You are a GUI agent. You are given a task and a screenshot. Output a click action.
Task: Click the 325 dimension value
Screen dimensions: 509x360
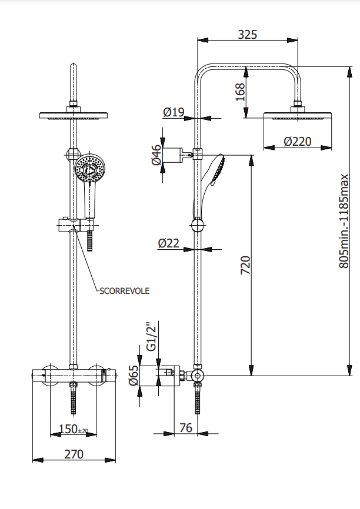248,34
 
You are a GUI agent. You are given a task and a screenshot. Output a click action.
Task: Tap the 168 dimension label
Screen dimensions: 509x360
239,92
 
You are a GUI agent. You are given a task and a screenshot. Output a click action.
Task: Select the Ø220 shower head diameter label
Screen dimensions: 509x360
297,141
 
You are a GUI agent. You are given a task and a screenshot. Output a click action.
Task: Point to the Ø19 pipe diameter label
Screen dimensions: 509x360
174,112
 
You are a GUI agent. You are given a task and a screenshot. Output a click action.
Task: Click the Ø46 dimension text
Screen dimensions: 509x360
156,155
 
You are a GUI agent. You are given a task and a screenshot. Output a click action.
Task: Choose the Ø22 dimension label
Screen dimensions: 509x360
168,243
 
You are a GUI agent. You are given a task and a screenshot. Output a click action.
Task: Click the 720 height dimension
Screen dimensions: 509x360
246,265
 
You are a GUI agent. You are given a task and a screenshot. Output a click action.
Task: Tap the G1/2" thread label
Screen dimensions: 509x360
151,336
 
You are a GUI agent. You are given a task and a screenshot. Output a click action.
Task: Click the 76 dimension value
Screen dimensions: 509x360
185,428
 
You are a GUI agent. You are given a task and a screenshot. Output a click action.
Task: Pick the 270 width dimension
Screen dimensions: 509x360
74,454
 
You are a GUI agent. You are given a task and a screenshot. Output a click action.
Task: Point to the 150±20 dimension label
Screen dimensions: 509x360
74,430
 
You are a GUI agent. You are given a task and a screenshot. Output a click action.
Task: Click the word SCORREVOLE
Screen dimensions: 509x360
124,290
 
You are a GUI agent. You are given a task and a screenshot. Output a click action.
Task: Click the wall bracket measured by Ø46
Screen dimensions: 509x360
175,155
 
